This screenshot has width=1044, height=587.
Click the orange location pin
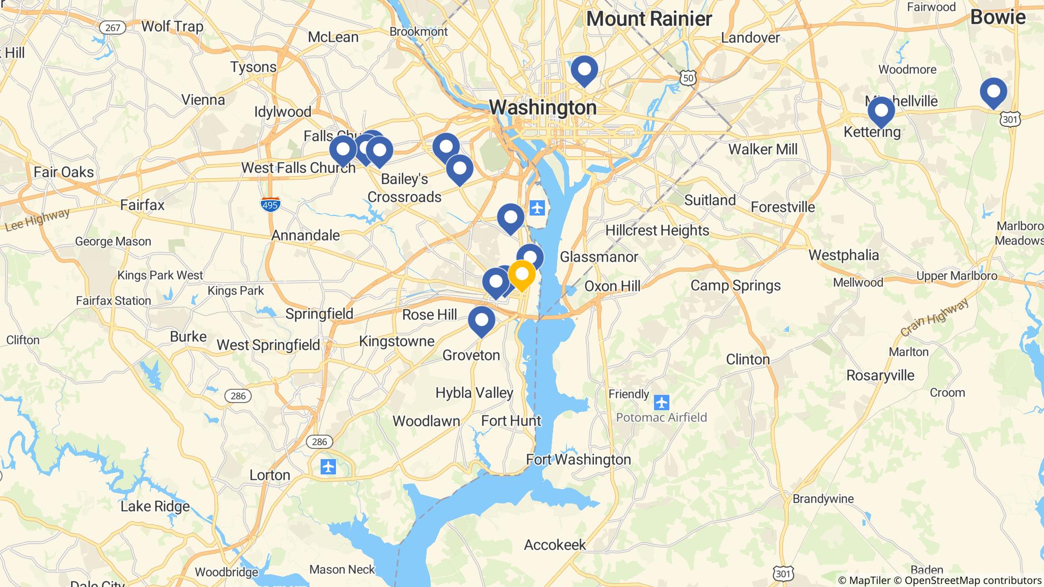(x=521, y=275)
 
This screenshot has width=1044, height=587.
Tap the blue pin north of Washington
(x=584, y=70)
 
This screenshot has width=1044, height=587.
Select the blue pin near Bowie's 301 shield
(x=993, y=92)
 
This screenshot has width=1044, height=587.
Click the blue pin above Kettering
(x=881, y=111)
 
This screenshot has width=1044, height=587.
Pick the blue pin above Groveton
(x=481, y=321)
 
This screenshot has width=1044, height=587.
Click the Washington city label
(x=542, y=108)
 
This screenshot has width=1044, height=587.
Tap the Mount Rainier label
(x=649, y=19)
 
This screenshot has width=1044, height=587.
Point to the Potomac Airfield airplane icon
(x=662, y=403)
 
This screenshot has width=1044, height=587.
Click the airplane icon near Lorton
(x=329, y=466)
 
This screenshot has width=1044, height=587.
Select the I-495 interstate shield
(x=270, y=204)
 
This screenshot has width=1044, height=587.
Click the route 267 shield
(x=112, y=28)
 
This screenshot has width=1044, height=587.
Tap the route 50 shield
(x=688, y=77)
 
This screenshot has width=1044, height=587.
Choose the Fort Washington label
(x=579, y=460)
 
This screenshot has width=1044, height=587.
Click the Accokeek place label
(x=555, y=545)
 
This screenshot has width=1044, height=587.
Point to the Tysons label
(x=253, y=67)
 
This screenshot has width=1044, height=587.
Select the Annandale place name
(x=305, y=235)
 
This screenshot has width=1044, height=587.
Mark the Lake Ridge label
(x=155, y=506)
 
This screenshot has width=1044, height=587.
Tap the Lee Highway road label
(x=37, y=220)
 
